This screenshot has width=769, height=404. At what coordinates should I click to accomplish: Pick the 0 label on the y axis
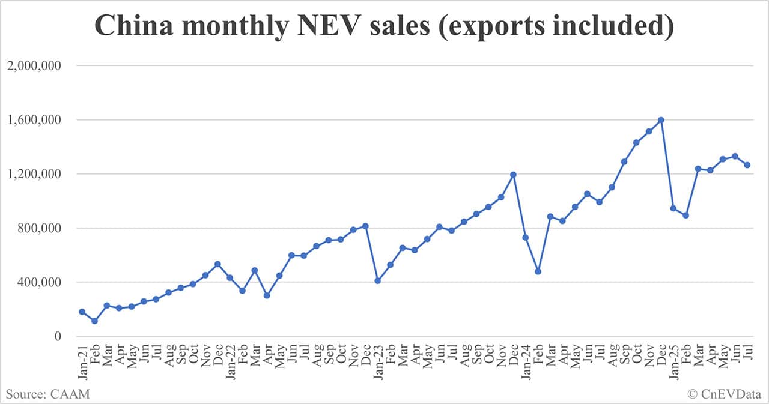[58, 337]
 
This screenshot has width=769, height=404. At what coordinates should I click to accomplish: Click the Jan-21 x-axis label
[82, 362]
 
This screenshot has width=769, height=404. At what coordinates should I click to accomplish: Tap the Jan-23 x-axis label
[378, 362]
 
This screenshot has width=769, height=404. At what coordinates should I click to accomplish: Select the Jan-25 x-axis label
[673, 362]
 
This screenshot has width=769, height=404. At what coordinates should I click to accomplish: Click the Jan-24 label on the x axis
[526, 362]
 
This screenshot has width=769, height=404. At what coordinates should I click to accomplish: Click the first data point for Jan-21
[82, 312]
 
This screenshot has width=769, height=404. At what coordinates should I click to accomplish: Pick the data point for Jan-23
[378, 281]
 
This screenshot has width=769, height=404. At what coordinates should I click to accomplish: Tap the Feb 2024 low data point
[538, 271]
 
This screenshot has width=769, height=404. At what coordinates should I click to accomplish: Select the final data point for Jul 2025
[747, 165]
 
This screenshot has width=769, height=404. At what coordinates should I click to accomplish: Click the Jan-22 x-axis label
[230, 362]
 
